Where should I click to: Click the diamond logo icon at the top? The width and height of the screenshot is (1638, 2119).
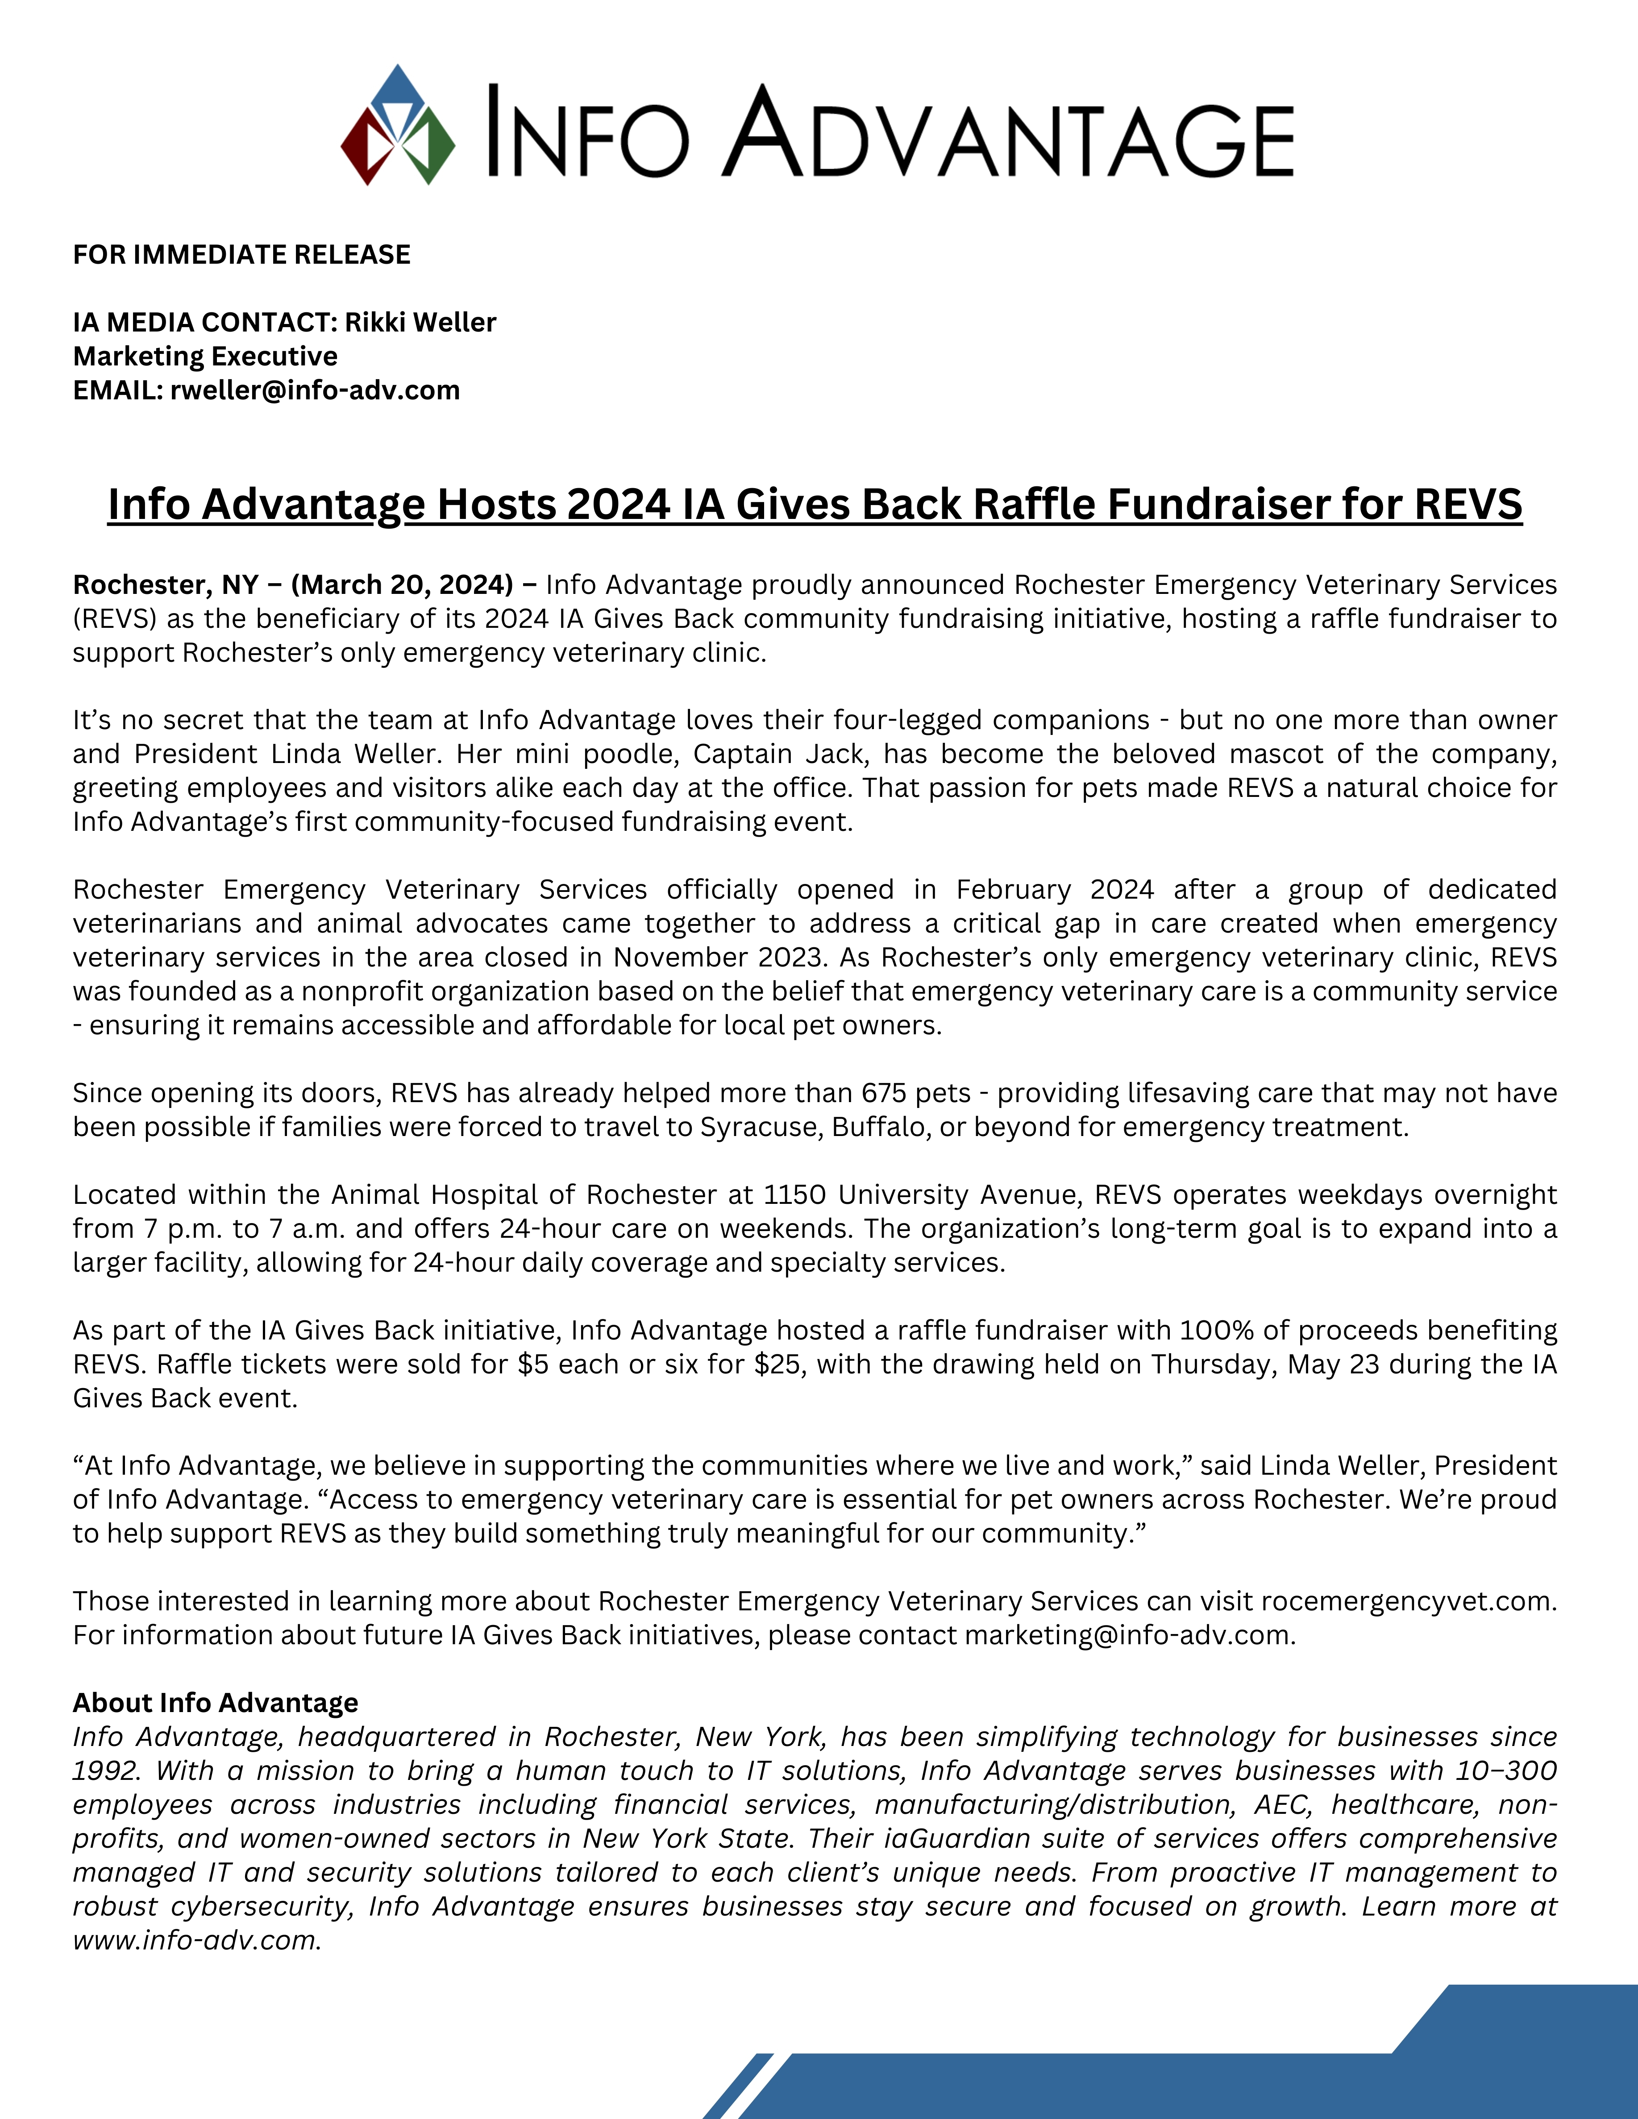(398, 126)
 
